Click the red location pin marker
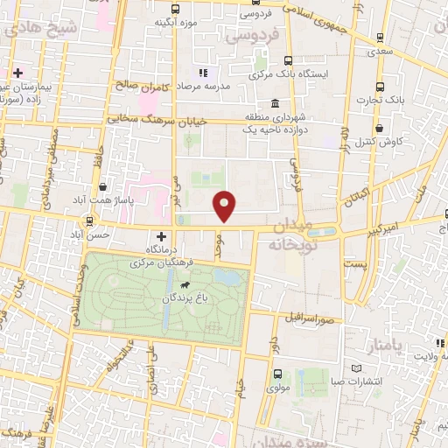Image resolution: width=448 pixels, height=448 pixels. pyautogui.click(x=226, y=206)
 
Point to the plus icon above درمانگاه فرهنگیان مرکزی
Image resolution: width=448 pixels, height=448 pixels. pyautogui.click(x=161, y=235)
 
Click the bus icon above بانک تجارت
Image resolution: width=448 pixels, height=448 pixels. pyautogui.click(x=379, y=87)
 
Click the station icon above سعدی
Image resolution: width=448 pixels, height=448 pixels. pyautogui.click(x=379, y=37)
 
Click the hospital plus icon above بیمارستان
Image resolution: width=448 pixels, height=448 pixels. pyautogui.click(x=17, y=72)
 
